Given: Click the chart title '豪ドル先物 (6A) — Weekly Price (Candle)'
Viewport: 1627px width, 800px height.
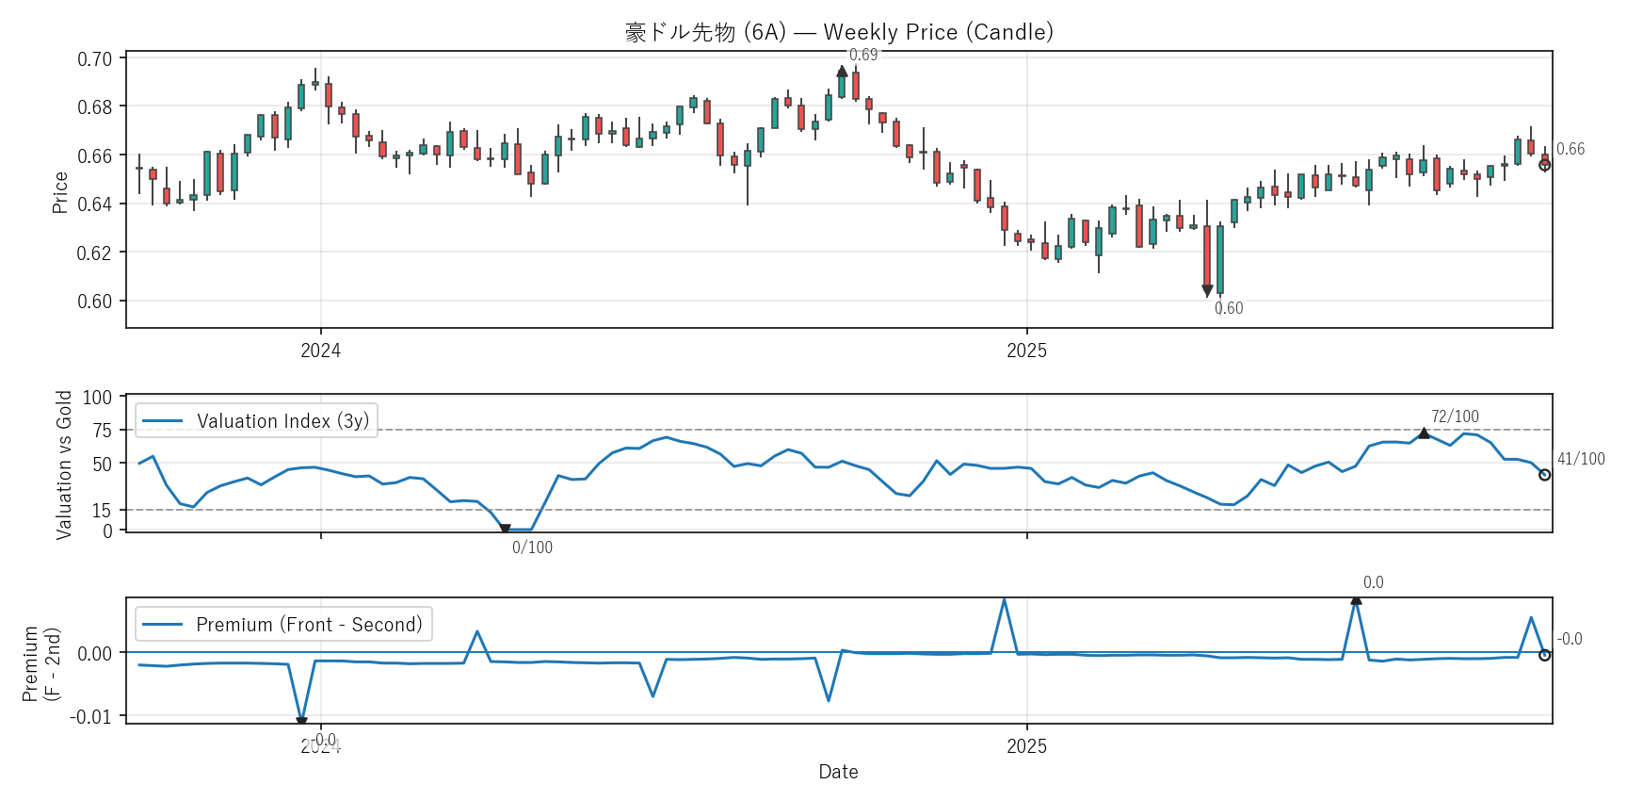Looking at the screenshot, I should (839, 32).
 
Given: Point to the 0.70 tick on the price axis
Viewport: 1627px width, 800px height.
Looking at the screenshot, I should (94, 59).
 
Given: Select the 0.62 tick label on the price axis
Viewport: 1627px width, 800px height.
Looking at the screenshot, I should (94, 253).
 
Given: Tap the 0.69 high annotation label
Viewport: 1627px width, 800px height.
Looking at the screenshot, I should (863, 55).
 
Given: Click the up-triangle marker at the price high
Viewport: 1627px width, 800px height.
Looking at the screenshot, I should (842, 72).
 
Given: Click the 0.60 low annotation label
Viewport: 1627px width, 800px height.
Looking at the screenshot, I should (1229, 308).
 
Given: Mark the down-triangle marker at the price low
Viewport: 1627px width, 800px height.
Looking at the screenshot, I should (1207, 291).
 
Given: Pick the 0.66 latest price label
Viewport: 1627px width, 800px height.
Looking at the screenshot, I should (1571, 149).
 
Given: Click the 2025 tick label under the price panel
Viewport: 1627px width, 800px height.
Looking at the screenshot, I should (1026, 351).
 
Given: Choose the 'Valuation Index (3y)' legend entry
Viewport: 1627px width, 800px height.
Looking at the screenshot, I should (282, 421).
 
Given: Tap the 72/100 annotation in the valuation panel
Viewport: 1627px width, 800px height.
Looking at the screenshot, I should (1455, 416).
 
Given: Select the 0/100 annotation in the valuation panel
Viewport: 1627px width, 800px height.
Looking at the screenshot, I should (532, 547).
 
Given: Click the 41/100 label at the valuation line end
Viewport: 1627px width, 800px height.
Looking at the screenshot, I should (1581, 459).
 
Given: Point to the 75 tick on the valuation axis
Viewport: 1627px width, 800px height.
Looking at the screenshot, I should (102, 431).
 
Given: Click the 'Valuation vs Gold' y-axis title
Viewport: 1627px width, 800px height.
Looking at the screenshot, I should (64, 465).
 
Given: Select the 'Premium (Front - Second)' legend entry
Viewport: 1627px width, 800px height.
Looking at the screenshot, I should (309, 625).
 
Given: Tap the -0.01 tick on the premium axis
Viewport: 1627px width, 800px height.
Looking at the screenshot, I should (90, 717).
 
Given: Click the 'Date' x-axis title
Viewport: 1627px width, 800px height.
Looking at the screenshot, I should (838, 772).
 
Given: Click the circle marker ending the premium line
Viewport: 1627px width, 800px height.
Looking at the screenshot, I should (1544, 655).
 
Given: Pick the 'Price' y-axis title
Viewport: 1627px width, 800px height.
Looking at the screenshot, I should (60, 192).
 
